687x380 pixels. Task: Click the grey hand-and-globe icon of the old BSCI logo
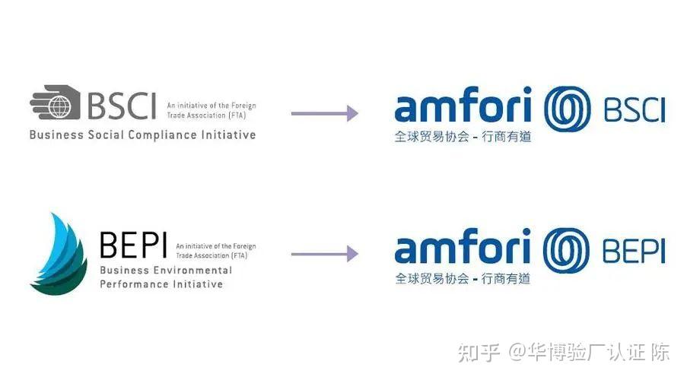[x=56, y=102]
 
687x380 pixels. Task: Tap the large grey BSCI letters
[x=122, y=106]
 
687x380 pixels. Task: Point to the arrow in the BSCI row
[x=325, y=113]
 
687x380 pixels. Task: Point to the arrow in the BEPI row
[x=325, y=254]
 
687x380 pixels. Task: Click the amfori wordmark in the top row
[x=463, y=104]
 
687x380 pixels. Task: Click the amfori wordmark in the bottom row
[x=463, y=245]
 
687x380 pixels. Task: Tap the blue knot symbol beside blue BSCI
[x=568, y=109]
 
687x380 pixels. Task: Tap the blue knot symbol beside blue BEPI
[x=566, y=250]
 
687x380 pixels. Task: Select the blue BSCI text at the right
[x=635, y=110]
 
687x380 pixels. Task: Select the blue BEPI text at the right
[x=634, y=251]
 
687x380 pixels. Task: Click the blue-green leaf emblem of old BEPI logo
[x=59, y=254]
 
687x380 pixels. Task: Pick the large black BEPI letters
[x=134, y=245]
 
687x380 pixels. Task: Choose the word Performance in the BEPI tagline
[x=134, y=284]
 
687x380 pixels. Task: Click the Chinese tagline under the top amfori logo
[x=463, y=137]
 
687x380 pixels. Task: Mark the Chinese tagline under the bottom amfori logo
[x=463, y=278]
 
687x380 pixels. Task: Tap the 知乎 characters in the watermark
[x=479, y=353]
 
